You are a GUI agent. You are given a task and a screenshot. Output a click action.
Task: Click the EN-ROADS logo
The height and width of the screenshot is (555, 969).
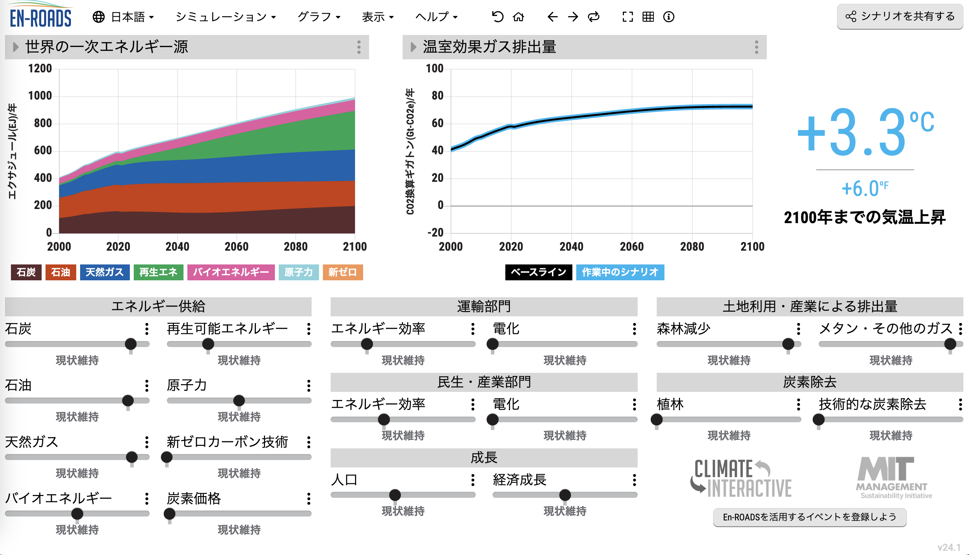40,16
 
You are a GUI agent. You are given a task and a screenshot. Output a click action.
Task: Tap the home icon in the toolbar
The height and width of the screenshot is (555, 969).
518,17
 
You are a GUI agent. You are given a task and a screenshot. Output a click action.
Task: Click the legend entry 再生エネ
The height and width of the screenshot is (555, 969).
158,272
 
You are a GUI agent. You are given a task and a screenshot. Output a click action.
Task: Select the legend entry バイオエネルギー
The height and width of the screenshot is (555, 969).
230,272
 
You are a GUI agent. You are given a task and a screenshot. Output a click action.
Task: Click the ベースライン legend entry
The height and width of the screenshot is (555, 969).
538,272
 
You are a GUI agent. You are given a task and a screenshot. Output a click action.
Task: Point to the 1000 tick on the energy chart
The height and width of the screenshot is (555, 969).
40,96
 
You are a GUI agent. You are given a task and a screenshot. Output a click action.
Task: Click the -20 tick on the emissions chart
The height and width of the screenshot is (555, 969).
435,233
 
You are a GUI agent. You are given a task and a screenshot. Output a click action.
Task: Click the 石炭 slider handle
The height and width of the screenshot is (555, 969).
131,344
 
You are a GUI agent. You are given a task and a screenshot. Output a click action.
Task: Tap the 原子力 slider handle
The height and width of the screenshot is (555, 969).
239,401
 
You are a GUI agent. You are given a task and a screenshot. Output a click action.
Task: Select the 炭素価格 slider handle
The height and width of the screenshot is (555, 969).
169,514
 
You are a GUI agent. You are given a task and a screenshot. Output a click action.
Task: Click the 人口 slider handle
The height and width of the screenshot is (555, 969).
395,495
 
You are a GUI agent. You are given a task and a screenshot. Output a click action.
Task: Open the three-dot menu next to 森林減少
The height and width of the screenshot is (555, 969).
798,329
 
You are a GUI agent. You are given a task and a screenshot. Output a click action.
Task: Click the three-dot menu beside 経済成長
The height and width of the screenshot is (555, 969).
634,480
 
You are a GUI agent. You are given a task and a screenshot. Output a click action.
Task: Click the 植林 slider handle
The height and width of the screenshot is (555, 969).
657,420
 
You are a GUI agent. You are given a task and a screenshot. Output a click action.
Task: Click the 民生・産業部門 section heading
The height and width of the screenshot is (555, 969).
484,382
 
